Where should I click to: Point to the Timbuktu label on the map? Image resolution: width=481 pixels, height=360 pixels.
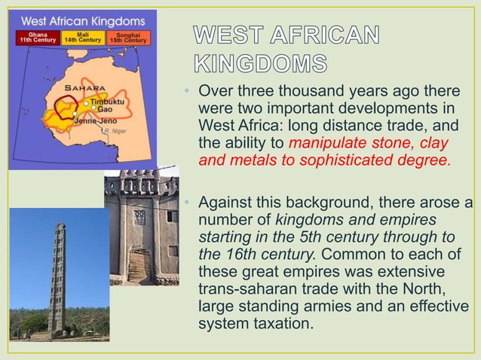point(111,100)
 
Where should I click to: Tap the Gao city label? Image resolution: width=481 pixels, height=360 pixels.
point(106,109)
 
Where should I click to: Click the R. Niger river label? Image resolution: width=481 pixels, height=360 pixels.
point(112,131)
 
